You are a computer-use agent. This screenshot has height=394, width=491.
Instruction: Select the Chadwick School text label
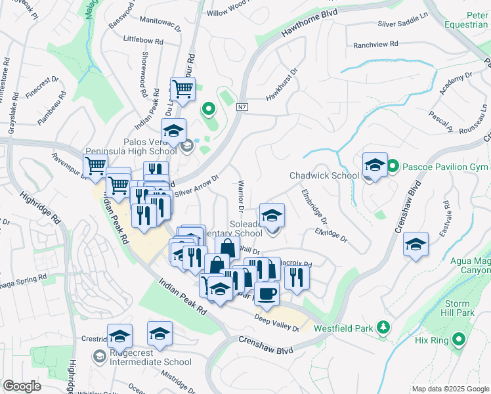pos(324,175)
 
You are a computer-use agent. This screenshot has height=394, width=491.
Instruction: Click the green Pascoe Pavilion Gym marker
pos(393,164)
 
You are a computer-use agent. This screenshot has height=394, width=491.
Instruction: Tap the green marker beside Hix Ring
pos(459,339)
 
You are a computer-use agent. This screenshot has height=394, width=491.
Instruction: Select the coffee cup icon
pos(266,294)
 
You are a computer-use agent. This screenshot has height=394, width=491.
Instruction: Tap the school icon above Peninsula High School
pos(174,130)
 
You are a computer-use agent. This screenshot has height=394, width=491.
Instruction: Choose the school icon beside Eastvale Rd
pos(416,244)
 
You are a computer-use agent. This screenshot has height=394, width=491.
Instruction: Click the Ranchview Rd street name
pos(375,45)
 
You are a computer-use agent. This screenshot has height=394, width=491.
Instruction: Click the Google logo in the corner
pos(22,386)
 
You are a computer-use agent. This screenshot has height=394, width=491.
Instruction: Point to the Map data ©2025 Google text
pos(450,389)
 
